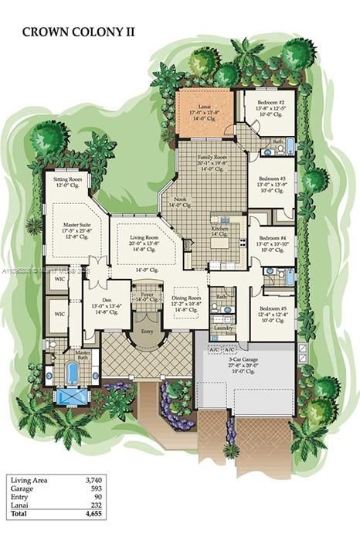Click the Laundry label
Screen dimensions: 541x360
(x=225, y=328)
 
